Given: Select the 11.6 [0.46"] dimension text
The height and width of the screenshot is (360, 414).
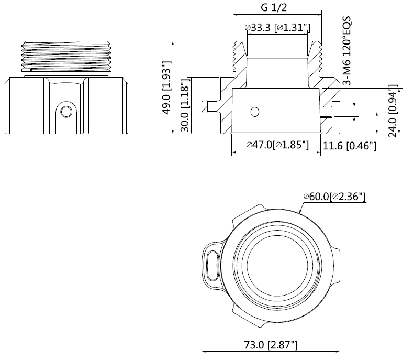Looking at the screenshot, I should click(350, 146).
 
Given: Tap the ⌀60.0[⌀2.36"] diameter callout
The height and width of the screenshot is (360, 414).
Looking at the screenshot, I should click(334, 197).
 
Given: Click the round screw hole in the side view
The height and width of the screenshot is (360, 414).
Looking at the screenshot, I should click(66, 111).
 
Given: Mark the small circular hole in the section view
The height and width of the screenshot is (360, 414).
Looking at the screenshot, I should click(255, 112).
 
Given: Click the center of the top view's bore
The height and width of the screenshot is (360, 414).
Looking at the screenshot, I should click(276, 265).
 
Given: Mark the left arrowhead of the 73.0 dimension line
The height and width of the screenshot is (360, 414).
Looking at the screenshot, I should click(205, 353).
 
